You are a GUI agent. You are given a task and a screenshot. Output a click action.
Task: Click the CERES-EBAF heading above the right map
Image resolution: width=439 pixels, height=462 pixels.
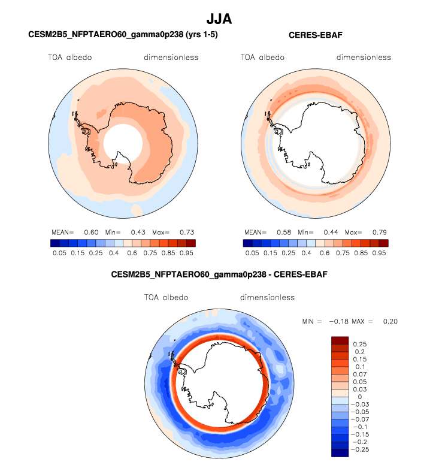pos(316,35)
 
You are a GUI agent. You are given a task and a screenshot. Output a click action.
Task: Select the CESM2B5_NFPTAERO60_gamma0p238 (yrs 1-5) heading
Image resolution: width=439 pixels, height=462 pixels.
pos(123,35)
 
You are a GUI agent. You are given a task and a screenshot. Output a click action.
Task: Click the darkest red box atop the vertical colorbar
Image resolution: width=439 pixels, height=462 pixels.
pos(340,340)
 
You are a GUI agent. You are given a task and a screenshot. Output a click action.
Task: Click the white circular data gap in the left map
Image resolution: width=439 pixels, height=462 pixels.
pos(123,144)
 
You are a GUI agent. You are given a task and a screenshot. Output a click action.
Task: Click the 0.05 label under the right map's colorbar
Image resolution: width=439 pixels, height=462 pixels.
pos(252,253)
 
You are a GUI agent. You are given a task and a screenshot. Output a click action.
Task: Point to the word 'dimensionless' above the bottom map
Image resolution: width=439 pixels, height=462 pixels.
pos(267,297)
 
